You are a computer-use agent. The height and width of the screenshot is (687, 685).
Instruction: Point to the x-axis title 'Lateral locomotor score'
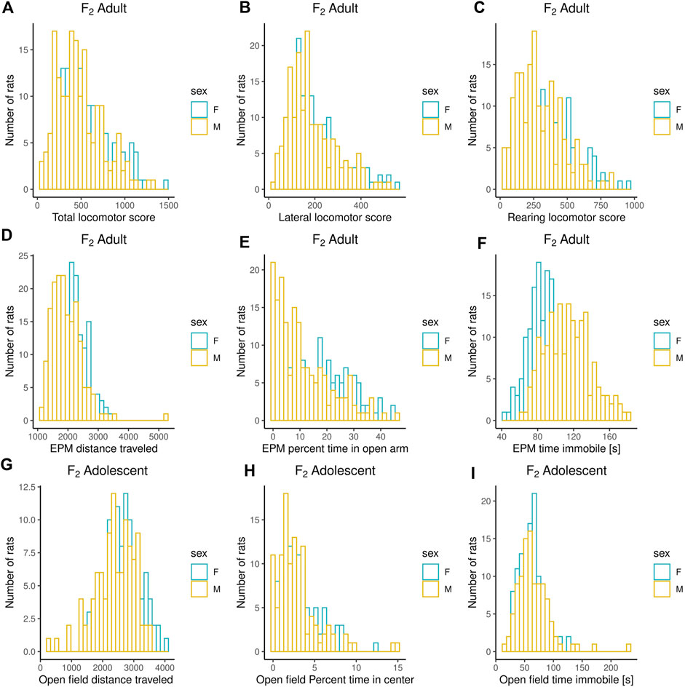coord(334,218)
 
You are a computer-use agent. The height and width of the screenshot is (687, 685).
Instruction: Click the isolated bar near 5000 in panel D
coord(166,418)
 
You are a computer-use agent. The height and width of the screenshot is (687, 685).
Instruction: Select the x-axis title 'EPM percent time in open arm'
coord(334,449)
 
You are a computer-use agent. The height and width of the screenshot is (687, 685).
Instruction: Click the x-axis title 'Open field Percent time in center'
coord(334,680)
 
